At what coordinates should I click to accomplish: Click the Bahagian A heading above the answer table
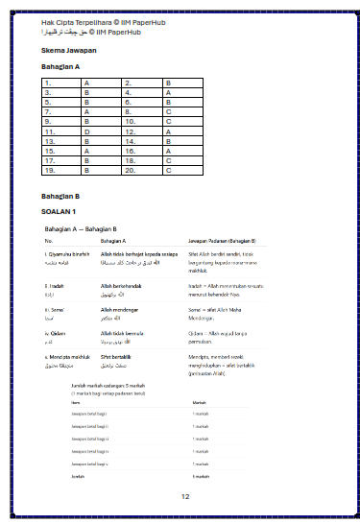pos(60,67)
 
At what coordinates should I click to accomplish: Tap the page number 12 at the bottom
pos(185,496)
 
